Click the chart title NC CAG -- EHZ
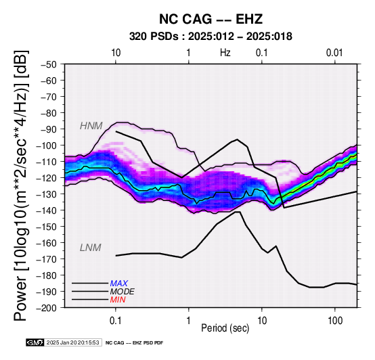tap(211, 19)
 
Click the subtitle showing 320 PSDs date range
tap(211, 37)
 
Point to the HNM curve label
tap(91, 126)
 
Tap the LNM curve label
tap(91, 248)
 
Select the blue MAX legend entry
tap(119, 284)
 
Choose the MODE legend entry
tap(123, 292)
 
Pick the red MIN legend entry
tap(118, 300)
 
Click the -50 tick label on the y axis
tap(49, 64)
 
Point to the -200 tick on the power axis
tap(47, 308)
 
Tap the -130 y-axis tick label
tap(47, 194)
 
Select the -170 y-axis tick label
tap(47, 259)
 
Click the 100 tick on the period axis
tap(335, 321)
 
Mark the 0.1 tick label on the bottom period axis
tap(116, 321)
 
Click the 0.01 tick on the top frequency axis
tap(334, 53)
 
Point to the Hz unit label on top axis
tap(225, 53)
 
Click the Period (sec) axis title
tap(225, 328)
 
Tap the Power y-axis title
tap(21, 185)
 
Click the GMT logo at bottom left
tap(35, 342)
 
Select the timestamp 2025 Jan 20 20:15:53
tap(72, 342)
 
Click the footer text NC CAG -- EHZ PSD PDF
tap(135, 343)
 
